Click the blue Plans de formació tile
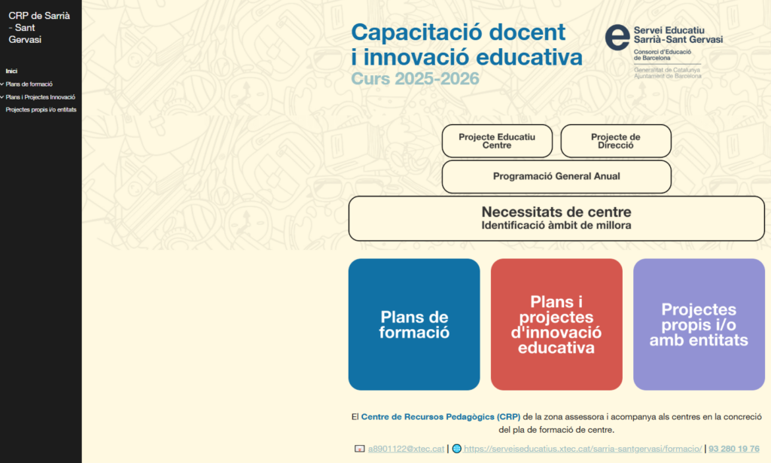[414, 324]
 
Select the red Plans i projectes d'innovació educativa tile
[556, 324]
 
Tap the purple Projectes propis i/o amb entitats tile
[699, 324]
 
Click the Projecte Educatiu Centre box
[497, 141]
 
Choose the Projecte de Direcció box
[616, 141]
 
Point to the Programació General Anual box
[556, 176]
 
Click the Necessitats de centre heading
[556, 212]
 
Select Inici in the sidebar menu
[11, 72]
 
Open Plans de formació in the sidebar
[29, 84]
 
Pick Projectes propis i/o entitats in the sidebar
[41, 110]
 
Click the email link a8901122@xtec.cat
[406, 449]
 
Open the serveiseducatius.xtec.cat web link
[583, 449]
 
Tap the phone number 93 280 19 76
[733, 449]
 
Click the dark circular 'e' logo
[617, 38]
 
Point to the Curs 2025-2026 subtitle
[415, 78]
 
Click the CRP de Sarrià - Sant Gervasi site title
[39, 28]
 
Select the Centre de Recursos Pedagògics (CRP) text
[440, 417]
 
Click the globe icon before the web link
[457, 449]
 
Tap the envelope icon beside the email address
[360, 449]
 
